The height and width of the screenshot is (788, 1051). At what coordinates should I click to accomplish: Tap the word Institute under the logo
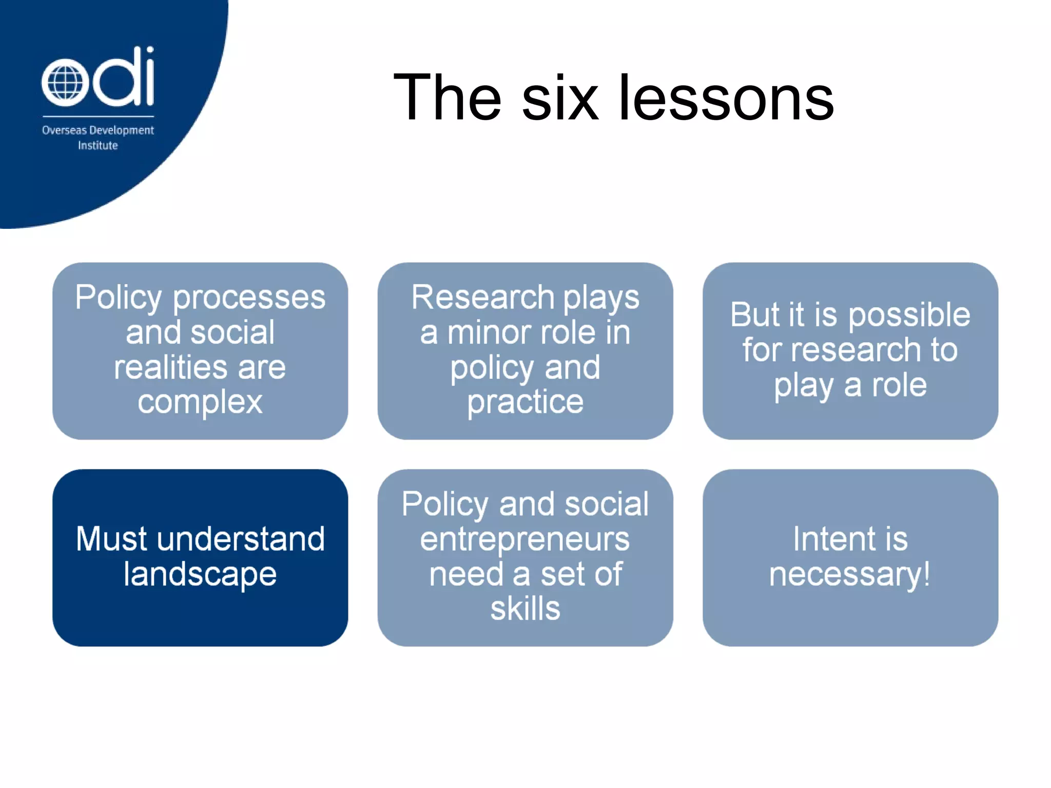[x=98, y=146]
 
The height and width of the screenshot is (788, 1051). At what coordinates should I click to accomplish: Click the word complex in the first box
[x=200, y=402]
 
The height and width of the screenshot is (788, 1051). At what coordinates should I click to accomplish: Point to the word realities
[x=170, y=367]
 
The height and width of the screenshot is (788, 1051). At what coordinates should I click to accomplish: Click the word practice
[x=525, y=402]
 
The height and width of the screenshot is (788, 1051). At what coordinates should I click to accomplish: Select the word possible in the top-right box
[x=909, y=316]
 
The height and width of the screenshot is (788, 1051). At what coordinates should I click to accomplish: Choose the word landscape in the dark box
[x=200, y=575]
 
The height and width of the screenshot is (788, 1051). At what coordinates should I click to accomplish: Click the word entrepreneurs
[x=524, y=540]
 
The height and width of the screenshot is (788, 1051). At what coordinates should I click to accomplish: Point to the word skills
[x=525, y=609]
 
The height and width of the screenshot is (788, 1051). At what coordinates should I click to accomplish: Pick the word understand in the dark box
[x=241, y=539]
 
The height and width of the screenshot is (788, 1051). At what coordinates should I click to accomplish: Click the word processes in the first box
[x=249, y=298]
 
